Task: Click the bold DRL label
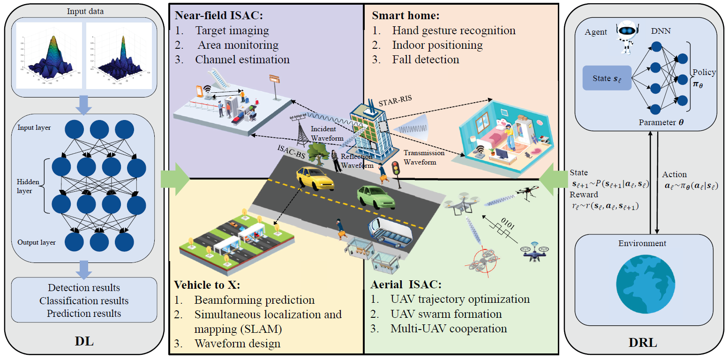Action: click(x=643, y=343)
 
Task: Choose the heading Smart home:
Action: click(x=405, y=15)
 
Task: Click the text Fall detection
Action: click(x=426, y=60)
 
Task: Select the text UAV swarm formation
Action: click(x=446, y=314)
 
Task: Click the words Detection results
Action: click(x=84, y=288)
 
